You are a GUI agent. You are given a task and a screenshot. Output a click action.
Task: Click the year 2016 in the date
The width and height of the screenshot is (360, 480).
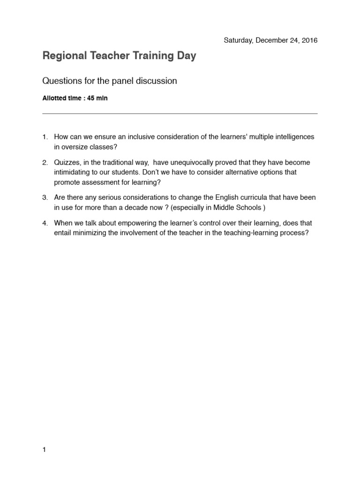[309, 40]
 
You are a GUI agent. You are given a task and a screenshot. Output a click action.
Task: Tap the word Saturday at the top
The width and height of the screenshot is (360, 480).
[238, 40]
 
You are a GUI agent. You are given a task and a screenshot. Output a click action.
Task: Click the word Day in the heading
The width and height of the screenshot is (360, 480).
[186, 56]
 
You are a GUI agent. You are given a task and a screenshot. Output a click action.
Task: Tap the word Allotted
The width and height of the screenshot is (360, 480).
[56, 98]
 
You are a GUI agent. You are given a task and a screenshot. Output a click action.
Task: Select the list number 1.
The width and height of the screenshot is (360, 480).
[45, 137]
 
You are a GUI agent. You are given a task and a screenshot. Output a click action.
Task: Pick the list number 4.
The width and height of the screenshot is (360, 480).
[45, 223]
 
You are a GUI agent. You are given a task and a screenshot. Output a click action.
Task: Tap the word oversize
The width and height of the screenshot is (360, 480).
[76, 146]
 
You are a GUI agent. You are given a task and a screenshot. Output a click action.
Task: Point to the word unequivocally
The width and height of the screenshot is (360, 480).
[191, 163]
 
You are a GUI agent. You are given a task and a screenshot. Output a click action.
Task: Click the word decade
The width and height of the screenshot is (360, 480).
[134, 207]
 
